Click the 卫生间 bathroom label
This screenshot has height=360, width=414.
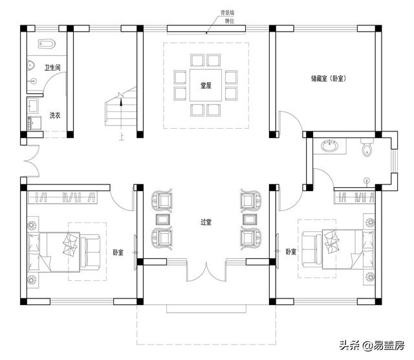(52, 67)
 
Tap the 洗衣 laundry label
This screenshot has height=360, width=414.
(55, 115)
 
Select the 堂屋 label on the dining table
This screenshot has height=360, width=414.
(206, 85)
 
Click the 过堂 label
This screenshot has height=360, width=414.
(206, 222)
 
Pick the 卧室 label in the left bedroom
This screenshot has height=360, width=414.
(118, 253)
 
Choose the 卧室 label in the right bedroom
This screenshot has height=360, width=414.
(291, 251)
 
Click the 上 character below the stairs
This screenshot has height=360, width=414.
(121, 137)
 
